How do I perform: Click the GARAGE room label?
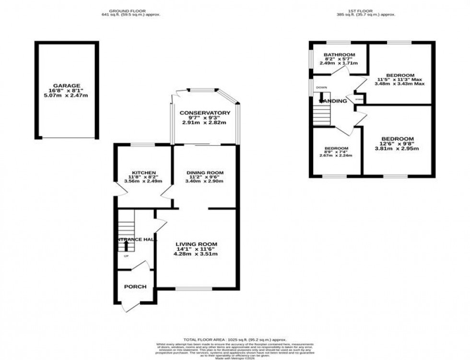[x=67, y=85]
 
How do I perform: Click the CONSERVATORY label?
[x=205, y=113]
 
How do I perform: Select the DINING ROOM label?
[x=205, y=172]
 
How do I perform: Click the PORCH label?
[x=135, y=287]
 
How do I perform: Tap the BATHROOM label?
[x=339, y=55]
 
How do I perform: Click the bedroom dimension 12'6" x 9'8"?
[x=397, y=143]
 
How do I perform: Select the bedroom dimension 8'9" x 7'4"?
[x=336, y=152]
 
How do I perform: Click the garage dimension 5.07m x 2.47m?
[x=67, y=96]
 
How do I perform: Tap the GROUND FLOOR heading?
[x=128, y=11]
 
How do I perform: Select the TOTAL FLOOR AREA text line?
[x=235, y=339]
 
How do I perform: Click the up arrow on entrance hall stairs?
[x=126, y=245]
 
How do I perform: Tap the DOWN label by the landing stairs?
[x=321, y=88]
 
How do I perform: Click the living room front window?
[x=194, y=289]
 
